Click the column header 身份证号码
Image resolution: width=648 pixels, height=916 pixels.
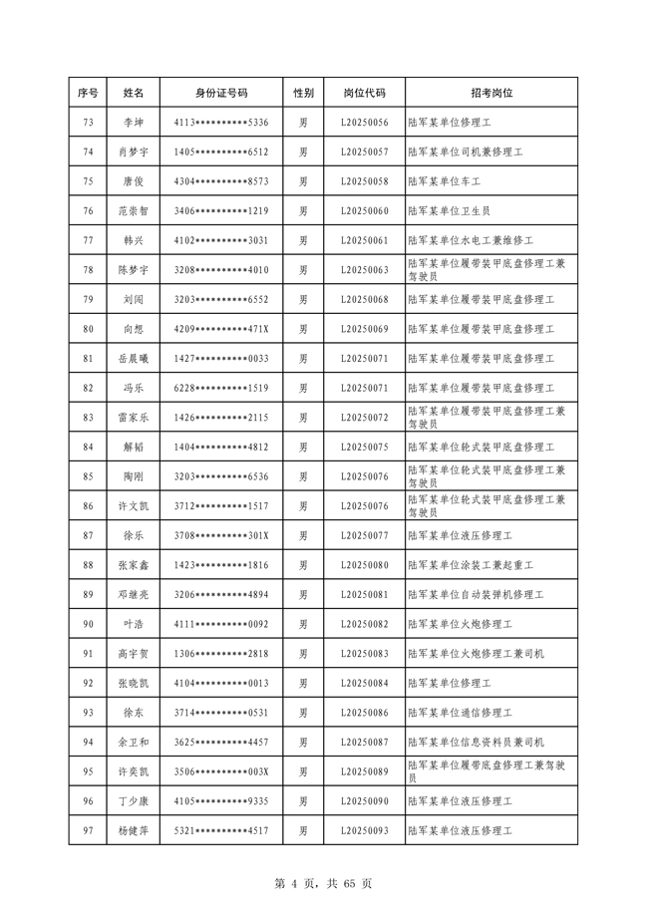point(221,93)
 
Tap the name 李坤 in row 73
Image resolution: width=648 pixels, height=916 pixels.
point(133,123)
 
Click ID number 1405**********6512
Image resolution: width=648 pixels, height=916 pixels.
point(221,153)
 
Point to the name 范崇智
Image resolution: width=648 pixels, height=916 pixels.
point(133,211)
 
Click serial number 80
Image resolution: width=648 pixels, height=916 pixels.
point(88,329)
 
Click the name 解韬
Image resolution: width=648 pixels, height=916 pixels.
point(133,448)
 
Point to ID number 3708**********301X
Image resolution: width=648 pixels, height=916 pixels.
point(221,536)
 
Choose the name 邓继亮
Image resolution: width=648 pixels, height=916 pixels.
point(133,595)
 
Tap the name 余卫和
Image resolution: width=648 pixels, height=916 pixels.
point(133,743)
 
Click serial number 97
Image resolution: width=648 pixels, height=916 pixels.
point(88,831)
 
